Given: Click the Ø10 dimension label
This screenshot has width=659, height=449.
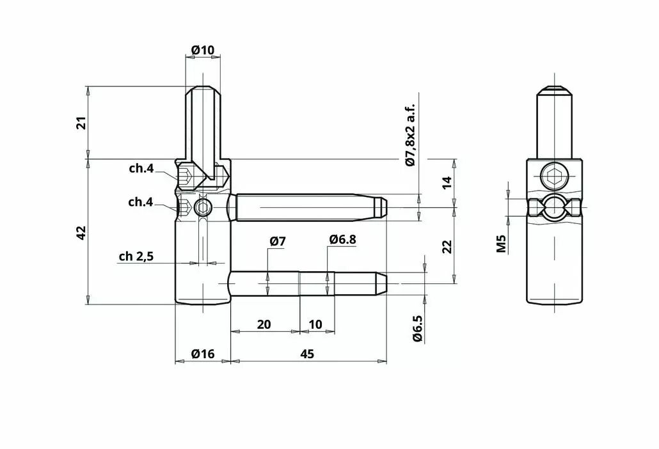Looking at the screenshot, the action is point(203,51).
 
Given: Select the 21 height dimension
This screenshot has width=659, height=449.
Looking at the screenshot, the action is point(83,123).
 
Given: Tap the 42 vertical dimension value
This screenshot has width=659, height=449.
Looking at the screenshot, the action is point(82,233).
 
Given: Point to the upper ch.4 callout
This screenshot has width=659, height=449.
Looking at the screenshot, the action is point(141,168).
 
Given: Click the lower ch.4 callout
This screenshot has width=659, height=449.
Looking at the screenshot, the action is point(140,202).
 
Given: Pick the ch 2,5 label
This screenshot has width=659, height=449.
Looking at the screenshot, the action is point(136,256).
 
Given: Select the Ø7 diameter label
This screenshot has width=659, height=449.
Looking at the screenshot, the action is point(278,241).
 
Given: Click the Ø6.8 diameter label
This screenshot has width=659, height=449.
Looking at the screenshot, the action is point(342,239).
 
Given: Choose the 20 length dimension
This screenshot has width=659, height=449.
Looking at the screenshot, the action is point(264,325).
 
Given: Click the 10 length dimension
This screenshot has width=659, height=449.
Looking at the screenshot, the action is point(315,325).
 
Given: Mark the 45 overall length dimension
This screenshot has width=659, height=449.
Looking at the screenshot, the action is point(307,354).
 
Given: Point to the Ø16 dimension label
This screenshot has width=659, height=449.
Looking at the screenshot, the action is point(203,354).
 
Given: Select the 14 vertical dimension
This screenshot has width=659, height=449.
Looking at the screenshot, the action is point(447,182).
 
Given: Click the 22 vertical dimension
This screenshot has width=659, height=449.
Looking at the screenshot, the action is point(447,246).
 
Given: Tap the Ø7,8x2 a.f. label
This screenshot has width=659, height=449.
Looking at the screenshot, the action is point(410,134).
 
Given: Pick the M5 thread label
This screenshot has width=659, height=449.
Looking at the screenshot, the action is point(502,243).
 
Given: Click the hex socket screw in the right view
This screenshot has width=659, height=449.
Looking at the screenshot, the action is point(554,176).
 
